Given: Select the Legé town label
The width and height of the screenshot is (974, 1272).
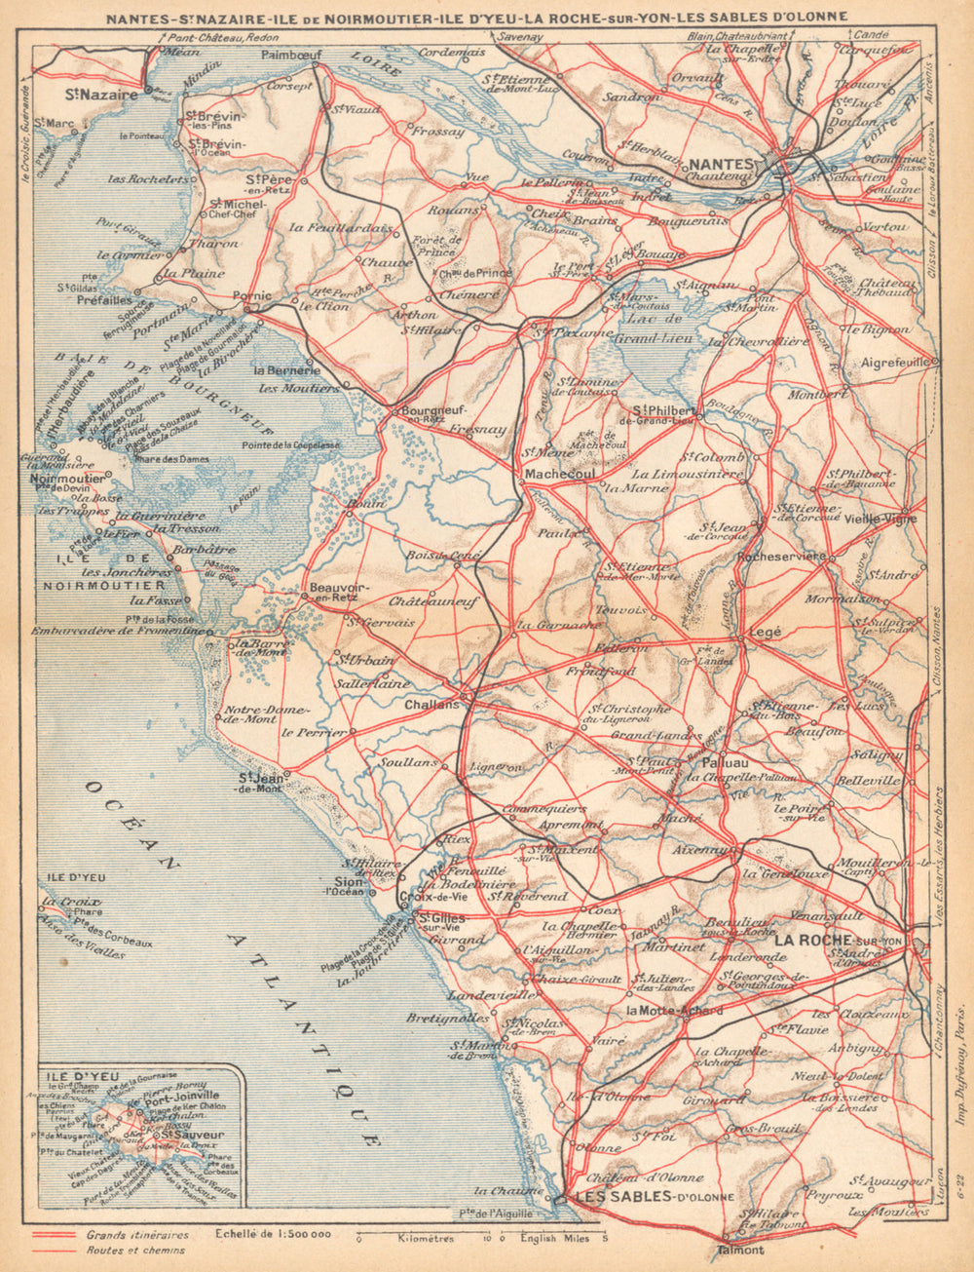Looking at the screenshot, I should pyautogui.click(x=765, y=633).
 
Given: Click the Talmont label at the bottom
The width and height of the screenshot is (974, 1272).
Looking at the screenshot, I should pyautogui.click(x=739, y=1249).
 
